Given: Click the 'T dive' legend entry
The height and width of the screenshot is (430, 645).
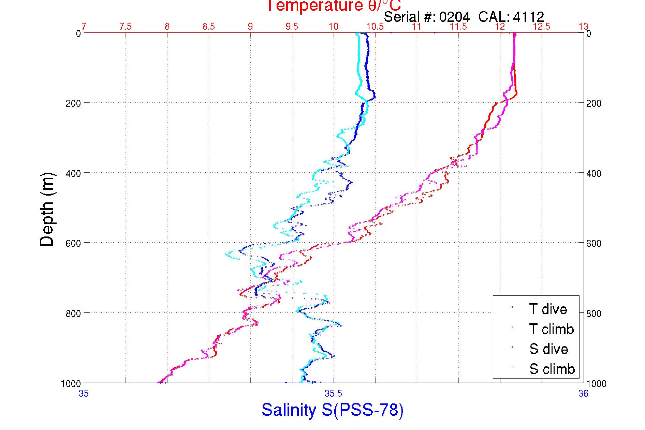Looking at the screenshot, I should point(548,309).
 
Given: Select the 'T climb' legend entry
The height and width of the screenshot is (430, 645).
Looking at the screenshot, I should point(551,329).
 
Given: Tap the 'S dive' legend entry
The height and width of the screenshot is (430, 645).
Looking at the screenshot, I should point(548,349).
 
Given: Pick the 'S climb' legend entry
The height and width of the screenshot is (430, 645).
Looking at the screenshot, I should point(552,369).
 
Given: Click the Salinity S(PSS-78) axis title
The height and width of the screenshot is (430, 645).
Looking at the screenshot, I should point(333,410).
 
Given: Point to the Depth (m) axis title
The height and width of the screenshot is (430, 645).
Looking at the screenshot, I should point(47,209).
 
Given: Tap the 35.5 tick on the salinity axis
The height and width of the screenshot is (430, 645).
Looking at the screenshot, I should point(333,394).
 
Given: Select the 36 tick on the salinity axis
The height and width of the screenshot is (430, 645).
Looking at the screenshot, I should point(583,394).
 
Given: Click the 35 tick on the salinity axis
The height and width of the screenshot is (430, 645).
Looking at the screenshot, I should point(84,394).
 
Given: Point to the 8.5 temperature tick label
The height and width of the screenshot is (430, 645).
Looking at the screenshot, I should point(209,27).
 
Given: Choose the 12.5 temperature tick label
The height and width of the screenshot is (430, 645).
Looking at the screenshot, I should point(542,27).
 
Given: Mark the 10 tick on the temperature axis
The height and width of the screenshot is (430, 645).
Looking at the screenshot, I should point(334,27).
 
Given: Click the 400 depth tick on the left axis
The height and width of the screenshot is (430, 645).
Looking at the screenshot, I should point(73,173).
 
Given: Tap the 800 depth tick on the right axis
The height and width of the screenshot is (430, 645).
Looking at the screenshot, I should point(594,313).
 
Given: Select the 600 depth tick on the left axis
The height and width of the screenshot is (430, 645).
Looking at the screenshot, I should point(73,243).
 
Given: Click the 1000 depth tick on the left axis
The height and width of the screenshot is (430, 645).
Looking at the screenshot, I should point(71,384).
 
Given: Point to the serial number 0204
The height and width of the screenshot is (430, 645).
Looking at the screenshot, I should point(454,17).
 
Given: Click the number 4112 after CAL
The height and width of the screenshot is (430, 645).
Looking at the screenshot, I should point(528,17).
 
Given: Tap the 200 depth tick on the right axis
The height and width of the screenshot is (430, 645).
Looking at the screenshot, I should point(594,103).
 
